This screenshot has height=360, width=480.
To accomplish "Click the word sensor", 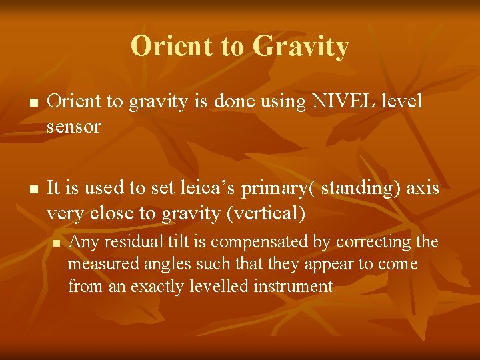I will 73,127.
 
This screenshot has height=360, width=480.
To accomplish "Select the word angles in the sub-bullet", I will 155,264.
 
